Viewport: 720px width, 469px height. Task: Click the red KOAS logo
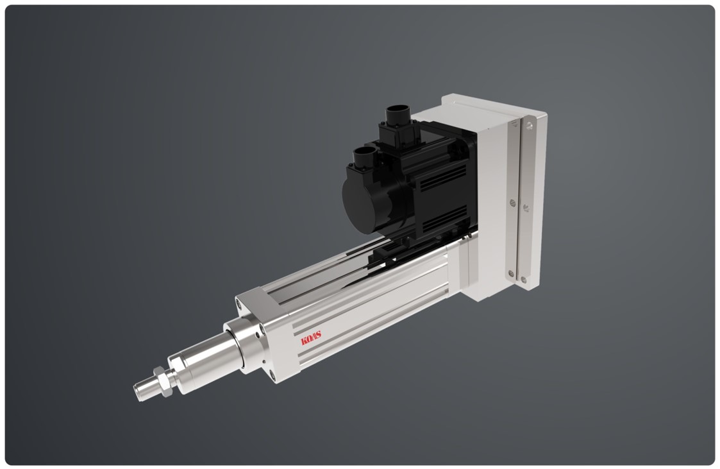tap(311, 338)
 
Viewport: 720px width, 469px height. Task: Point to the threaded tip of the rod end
tap(142, 391)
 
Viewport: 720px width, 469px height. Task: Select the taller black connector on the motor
tap(398, 120)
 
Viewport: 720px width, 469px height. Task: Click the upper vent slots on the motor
tap(442, 178)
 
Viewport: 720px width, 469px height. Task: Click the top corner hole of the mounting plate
tap(529, 124)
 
